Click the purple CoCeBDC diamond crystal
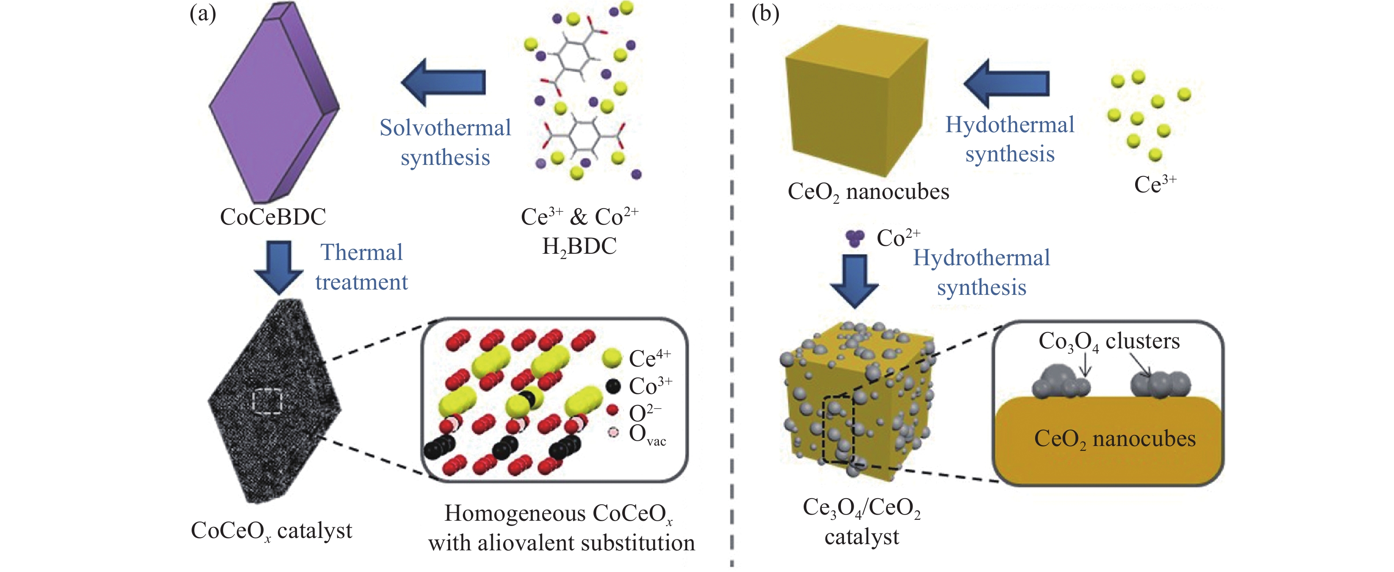click(270, 103)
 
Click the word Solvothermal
click(445, 128)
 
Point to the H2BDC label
click(579, 247)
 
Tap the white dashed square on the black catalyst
click(267, 401)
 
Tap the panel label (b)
click(765, 14)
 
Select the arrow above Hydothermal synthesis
click(1006, 84)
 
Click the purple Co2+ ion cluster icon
click(855, 238)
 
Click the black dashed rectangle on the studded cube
click(838, 430)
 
